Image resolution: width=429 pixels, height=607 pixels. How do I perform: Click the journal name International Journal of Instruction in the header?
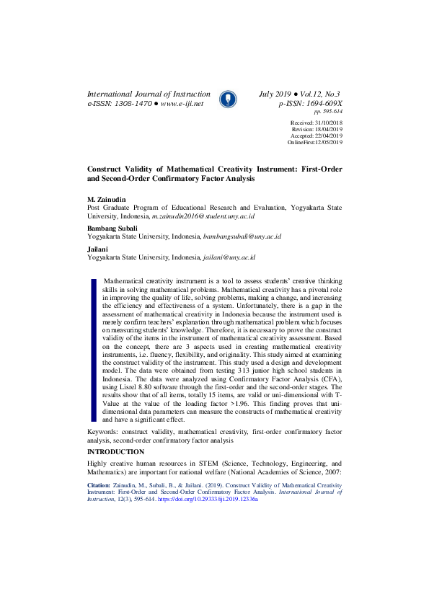tap(149, 94)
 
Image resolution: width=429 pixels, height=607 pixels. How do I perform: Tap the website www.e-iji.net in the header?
tap(182, 104)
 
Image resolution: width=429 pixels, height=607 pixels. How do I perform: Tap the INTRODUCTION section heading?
tap(115, 452)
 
